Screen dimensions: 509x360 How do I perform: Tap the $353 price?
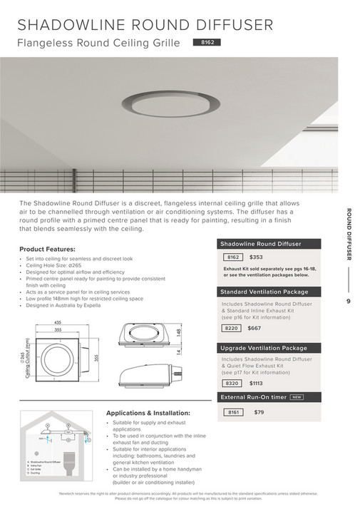pyautogui.click(x=257, y=257)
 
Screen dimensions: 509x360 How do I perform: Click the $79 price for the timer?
pyautogui.click(x=259, y=412)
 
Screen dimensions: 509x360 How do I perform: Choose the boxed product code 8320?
pyautogui.click(x=232, y=383)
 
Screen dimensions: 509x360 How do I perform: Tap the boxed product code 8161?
pyautogui.click(x=232, y=412)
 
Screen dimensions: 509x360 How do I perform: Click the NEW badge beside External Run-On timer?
pyautogui.click(x=297, y=397)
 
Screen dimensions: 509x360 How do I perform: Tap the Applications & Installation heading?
pyautogui.click(x=148, y=413)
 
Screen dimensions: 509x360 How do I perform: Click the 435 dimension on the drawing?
pyautogui.click(x=56, y=323)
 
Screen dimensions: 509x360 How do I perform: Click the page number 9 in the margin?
pyautogui.click(x=349, y=302)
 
